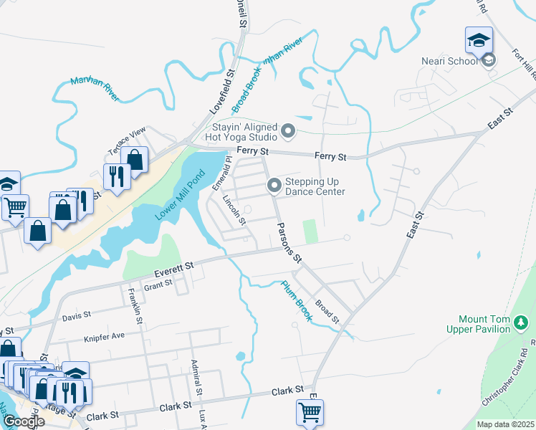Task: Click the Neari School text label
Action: pyautogui.click(x=453, y=61)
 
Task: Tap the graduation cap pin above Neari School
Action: pyautogui.click(x=478, y=41)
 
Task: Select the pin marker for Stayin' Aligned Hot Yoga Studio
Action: pyautogui.click(x=288, y=130)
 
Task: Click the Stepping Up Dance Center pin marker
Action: pyautogui.click(x=274, y=186)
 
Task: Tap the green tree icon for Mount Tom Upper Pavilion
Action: pyautogui.click(x=522, y=324)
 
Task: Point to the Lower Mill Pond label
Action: pyautogui.click(x=180, y=196)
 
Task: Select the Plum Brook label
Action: pyautogui.click(x=295, y=300)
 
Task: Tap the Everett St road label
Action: pyautogui.click(x=174, y=266)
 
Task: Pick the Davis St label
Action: pyautogui.click(x=76, y=315)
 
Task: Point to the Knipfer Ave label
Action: pyautogui.click(x=104, y=335)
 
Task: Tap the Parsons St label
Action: pyautogui.click(x=289, y=240)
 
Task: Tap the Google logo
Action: pyautogui.click(x=24, y=421)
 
